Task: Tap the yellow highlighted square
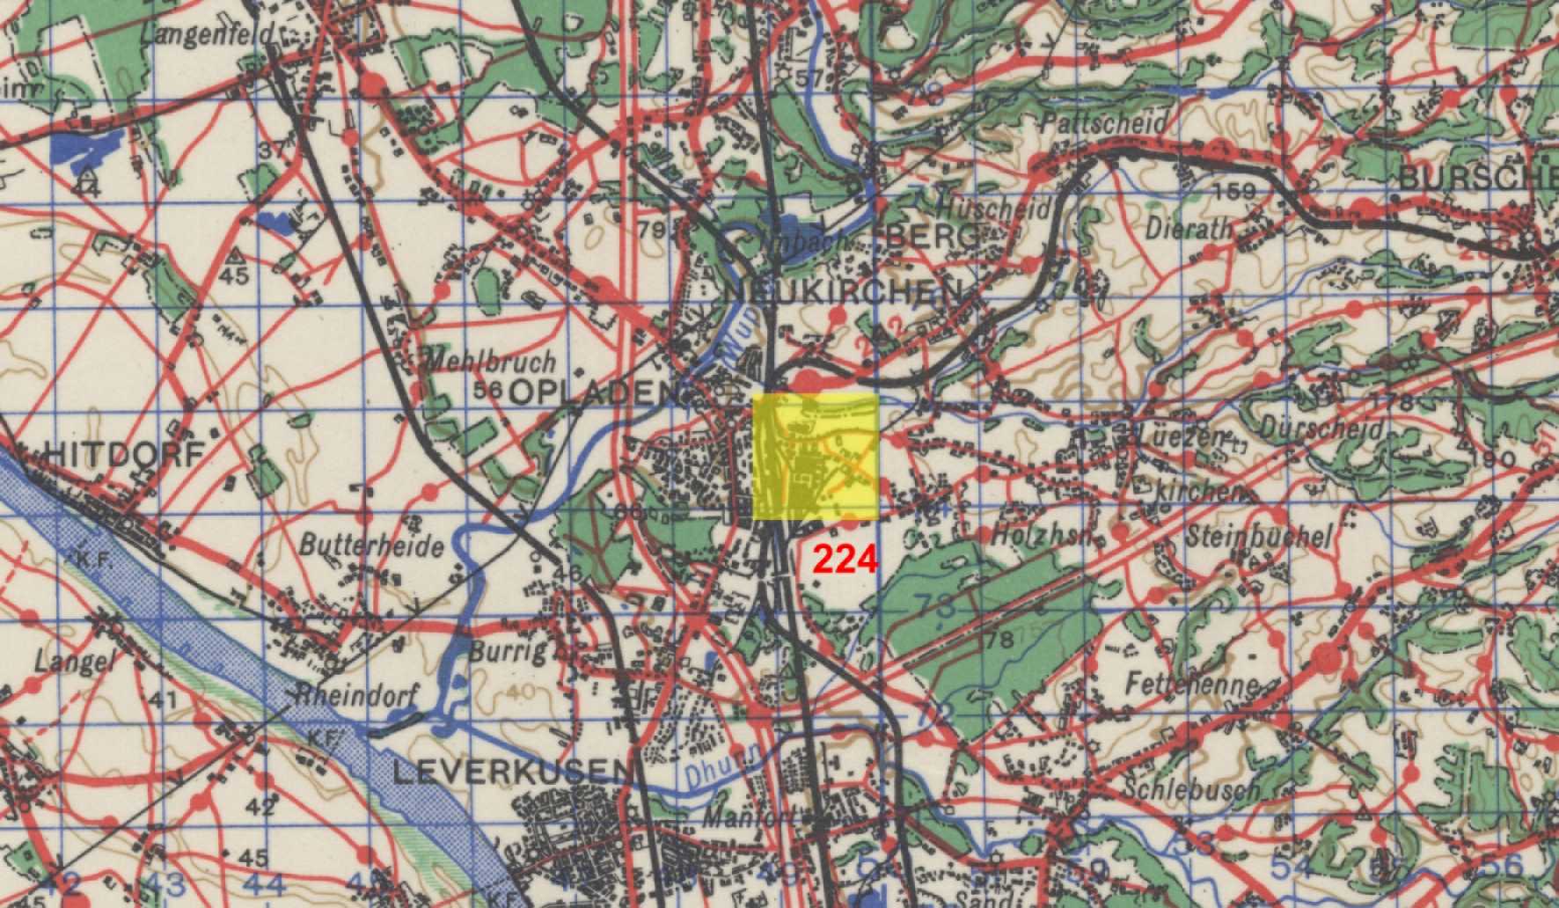click(816, 456)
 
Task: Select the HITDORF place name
click(124, 452)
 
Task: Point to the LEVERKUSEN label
click(512, 773)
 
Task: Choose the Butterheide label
click(371, 546)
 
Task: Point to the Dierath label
click(1189, 228)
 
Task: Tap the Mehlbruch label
click(490, 360)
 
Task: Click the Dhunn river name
click(711, 772)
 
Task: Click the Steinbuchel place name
click(1258, 536)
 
